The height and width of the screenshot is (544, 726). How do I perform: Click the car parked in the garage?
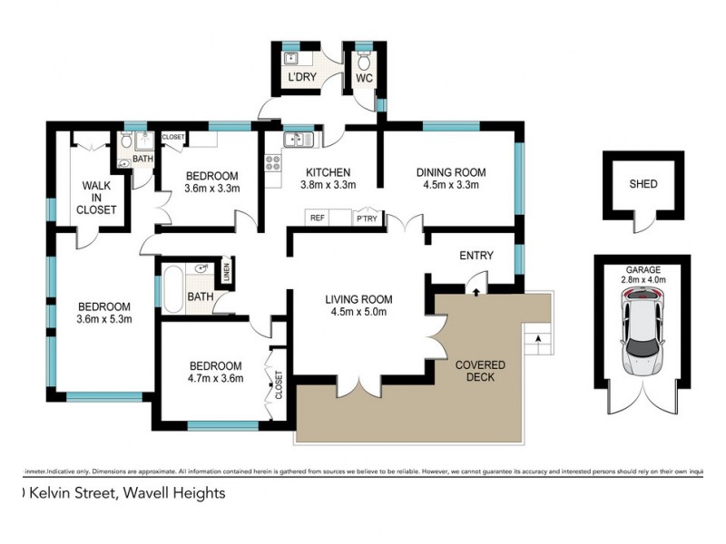[643, 336]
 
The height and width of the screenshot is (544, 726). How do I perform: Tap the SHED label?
[643, 184]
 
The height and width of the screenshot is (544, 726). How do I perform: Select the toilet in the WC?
[364, 63]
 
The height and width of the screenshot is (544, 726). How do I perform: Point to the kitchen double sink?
[298, 139]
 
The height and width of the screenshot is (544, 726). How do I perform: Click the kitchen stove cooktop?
[272, 162]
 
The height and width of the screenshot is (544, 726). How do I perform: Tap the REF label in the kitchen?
[318, 218]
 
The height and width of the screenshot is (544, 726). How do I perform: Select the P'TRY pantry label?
[367, 218]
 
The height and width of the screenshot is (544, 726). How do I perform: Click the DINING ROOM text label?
[451, 172]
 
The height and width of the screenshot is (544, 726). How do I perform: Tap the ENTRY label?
[476, 256]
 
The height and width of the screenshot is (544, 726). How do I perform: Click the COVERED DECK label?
[480, 371]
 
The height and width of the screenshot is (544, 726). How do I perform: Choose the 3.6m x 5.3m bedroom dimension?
[103, 319]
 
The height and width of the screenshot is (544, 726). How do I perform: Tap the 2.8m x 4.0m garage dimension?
[643, 280]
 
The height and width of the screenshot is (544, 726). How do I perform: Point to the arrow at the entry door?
[476, 290]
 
